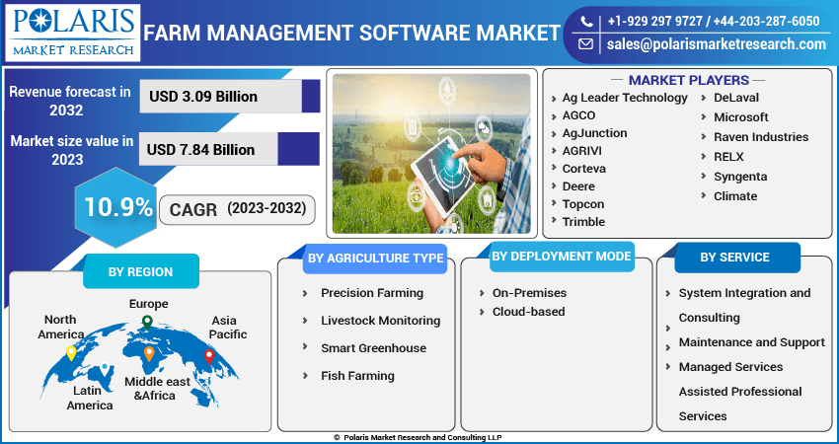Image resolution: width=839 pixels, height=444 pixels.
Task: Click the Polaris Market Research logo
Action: pos(73,33)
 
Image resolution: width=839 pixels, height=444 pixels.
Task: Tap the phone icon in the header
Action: pos(586,22)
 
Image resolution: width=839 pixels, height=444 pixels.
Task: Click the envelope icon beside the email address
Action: pos(586,43)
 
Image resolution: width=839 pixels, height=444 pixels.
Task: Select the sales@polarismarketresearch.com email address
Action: pos(716,44)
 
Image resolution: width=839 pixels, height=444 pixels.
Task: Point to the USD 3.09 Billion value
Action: pos(203,97)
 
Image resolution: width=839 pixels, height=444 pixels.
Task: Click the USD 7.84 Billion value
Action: pos(200,149)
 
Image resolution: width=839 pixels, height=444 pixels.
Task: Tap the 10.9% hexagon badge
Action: pos(116,207)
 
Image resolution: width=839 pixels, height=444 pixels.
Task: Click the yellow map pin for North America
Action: pos(71,353)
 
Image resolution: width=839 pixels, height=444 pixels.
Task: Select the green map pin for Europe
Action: pos(147,323)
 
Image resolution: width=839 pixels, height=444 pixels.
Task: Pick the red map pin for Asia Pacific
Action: pos(209,357)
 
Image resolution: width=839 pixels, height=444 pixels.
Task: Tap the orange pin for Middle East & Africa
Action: pos(149,353)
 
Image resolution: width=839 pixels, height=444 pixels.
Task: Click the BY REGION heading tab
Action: pos(141,271)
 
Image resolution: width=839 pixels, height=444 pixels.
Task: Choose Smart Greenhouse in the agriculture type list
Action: pos(373,348)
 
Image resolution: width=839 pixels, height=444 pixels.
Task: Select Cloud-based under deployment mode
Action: pos(528,312)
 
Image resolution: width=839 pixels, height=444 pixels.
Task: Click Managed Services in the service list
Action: pos(730,367)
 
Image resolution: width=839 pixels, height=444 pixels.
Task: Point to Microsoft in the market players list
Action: pos(740,117)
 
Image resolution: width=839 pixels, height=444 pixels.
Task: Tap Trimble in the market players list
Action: pos(583,221)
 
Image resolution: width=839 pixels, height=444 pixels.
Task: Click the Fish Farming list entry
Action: pos(357,376)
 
